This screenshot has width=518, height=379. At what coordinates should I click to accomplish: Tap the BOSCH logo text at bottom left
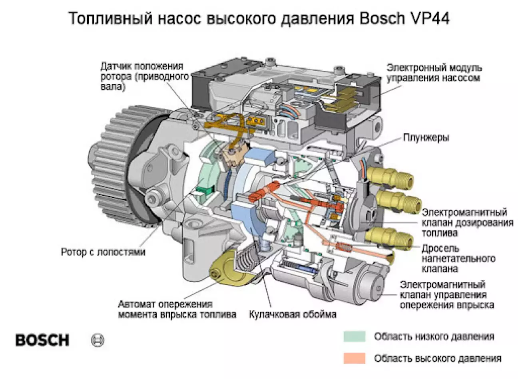[42, 340]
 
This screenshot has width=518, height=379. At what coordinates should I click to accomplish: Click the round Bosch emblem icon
[98, 340]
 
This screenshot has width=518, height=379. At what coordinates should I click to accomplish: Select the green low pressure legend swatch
[354, 336]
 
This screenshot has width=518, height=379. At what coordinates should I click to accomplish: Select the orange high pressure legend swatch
[354, 358]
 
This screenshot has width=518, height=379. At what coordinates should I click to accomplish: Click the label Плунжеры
[426, 138]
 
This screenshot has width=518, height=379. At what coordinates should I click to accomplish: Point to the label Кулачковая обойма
[293, 315]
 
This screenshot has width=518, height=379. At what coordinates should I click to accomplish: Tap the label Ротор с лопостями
[103, 252]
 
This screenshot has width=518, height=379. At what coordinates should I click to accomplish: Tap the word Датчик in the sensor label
[116, 66]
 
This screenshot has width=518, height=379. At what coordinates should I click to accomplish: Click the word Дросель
[440, 248]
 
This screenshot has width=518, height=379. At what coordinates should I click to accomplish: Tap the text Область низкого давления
[434, 337]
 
